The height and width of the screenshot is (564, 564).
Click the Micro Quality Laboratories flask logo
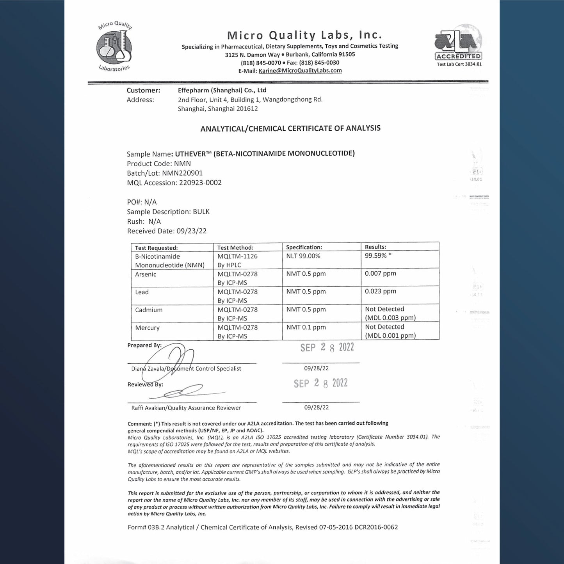[114, 46]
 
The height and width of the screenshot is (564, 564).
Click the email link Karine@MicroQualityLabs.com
[300, 71]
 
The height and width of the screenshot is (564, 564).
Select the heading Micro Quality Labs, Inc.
[304, 35]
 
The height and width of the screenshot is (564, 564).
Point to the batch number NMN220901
[182, 173]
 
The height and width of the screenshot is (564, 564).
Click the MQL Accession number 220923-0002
[200, 183]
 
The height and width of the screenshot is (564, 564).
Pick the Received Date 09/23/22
[191, 231]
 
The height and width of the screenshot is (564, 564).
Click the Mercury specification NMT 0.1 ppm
[306, 327]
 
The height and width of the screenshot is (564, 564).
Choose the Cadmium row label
[149, 310]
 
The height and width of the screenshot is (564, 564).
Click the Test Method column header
[235, 247]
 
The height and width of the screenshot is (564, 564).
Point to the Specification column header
[304, 247]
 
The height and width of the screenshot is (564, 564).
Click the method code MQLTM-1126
[237, 256]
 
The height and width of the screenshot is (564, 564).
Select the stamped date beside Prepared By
[327, 347]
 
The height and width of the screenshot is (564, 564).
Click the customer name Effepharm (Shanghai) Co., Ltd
[222, 90]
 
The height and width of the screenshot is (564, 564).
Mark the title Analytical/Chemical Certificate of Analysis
[290, 128]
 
